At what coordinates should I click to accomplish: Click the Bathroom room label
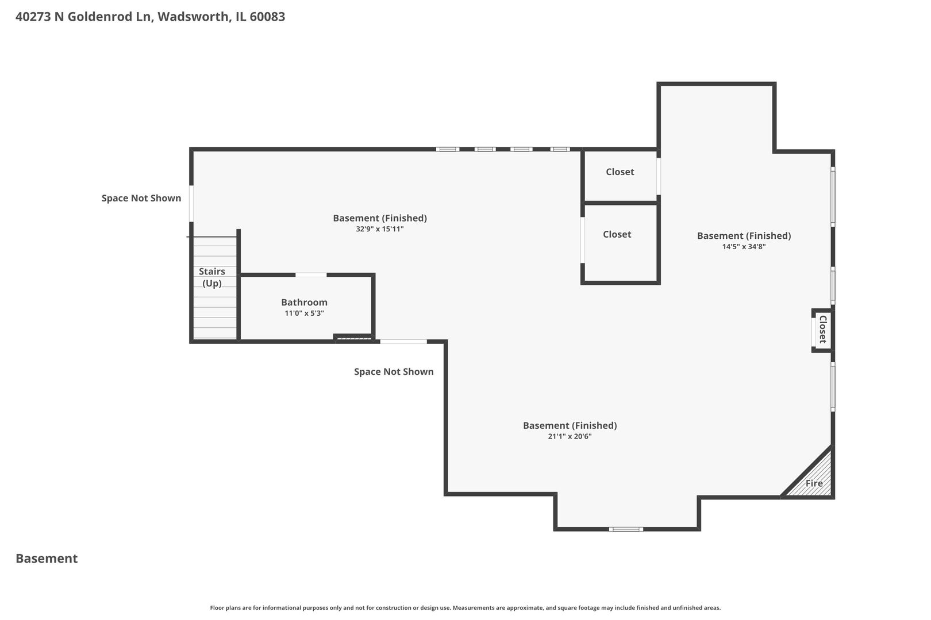click(304, 303)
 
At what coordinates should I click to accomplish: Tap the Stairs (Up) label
click(212, 277)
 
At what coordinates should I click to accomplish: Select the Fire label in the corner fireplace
click(814, 483)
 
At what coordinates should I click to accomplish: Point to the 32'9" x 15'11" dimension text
click(379, 229)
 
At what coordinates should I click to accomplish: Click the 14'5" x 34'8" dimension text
click(744, 246)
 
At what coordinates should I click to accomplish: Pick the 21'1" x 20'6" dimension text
click(570, 436)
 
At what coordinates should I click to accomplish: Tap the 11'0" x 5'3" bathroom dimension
click(304, 313)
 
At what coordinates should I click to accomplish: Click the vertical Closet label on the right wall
click(822, 330)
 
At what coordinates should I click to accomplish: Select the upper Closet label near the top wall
click(620, 172)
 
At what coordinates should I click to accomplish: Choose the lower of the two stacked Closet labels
click(617, 234)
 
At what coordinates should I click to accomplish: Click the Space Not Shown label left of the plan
click(141, 198)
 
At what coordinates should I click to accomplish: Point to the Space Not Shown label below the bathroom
click(394, 371)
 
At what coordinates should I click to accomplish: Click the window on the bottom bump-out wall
click(626, 529)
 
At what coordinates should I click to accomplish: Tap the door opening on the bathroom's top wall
click(311, 275)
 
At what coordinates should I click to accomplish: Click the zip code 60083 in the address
click(267, 17)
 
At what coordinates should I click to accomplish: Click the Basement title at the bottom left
click(47, 559)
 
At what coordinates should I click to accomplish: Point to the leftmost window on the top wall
click(448, 149)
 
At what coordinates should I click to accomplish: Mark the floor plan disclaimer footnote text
click(465, 607)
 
